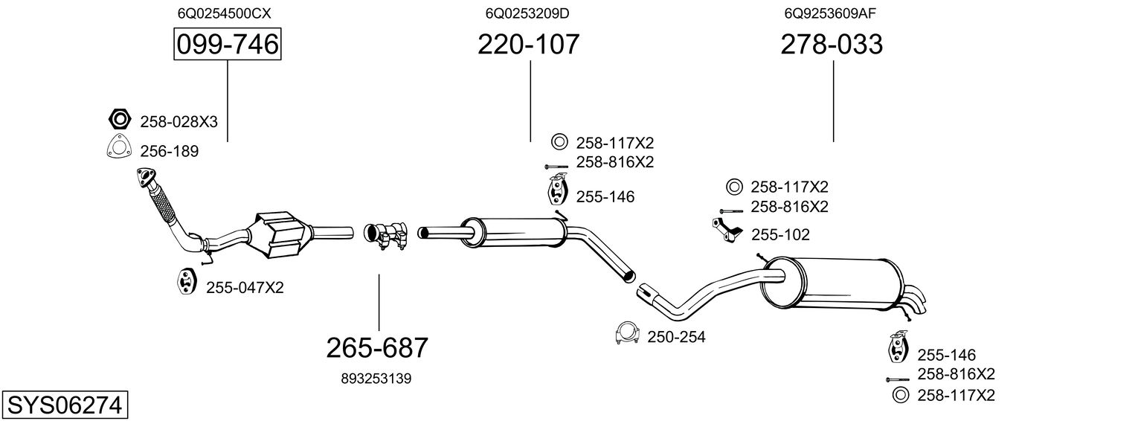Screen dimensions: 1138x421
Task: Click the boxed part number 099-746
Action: [x=227, y=44]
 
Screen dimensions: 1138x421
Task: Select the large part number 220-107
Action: [x=528, y=44]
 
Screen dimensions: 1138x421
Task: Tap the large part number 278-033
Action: [x=832, y=44]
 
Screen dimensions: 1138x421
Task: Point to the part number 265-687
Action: [x=377, y=348]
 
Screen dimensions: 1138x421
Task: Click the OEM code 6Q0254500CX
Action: [x=224, y=13]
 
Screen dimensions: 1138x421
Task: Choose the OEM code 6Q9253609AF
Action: [x=830, y=13]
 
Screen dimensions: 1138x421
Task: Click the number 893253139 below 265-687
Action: [x=376, y=379]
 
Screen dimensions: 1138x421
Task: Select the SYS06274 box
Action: [x=65, y=405]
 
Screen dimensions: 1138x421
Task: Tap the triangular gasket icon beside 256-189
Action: [x=118, y=148]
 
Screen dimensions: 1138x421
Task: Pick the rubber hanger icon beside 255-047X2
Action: [x=187, y=281]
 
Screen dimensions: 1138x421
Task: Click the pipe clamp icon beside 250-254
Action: [x=627, y=334]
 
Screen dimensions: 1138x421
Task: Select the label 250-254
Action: [x=676, y=337]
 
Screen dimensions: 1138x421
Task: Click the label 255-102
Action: [x=780, y=234]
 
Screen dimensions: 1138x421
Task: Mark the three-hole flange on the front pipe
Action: [x=147, y=178]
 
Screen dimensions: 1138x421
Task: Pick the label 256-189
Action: [x=169, y=151]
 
